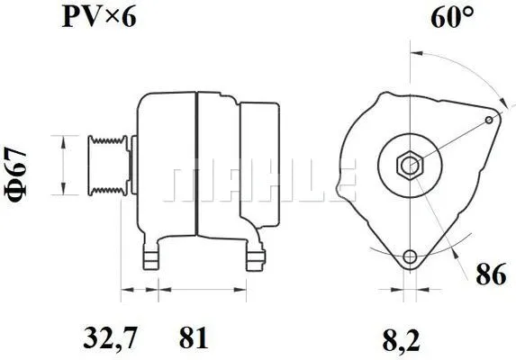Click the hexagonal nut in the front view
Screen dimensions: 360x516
(x=410, y=166)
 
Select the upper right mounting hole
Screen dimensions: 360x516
(x=490, y=118)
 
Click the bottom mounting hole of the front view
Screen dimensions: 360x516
(x=411, y=257)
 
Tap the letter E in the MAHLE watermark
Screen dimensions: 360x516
(x=347, y=184)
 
